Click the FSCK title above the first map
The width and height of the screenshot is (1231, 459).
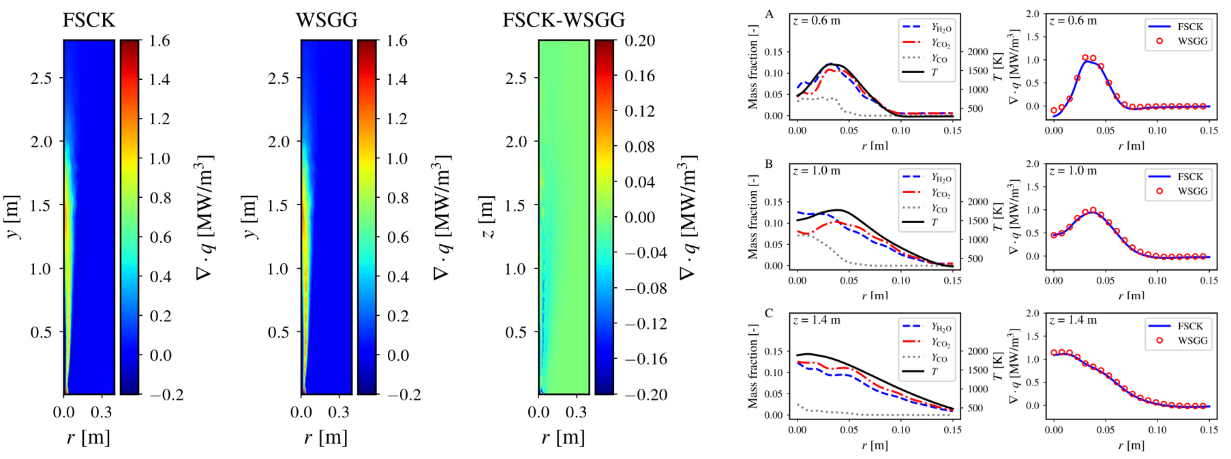point(89,20)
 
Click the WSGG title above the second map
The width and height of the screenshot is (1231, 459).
point(326,20)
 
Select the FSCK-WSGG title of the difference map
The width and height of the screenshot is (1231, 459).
point(564,20)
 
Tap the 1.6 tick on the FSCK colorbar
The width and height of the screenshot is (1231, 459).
point(159,41)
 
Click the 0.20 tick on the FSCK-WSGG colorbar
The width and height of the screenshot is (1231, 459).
point(639,41)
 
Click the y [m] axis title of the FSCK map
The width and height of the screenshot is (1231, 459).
point(13,218)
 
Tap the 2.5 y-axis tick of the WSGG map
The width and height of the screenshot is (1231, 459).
point(278,78)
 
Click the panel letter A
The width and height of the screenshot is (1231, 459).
point(770,14)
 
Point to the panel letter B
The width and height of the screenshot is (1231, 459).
point(770,164)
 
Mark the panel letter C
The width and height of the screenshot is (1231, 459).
point(770,314)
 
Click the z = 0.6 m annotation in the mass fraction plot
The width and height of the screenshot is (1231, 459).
point(817,21)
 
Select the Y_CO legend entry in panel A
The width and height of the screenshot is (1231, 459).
point(939,59)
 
